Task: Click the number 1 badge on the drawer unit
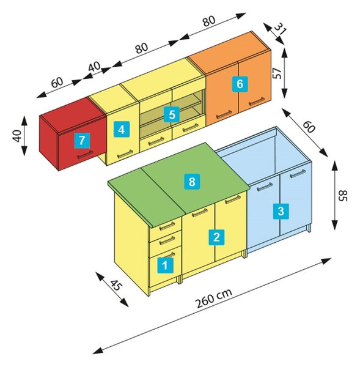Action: [166, 265]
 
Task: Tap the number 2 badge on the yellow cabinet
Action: [216, 237]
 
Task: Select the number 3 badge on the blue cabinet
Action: [281, 211]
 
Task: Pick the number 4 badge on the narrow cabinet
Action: [122, 129]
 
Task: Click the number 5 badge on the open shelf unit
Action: [172, 114]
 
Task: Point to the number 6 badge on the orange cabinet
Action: [240, 84]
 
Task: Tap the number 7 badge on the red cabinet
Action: [82, 141]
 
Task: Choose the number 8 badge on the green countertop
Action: [192, 182]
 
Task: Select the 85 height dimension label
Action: [343, 196]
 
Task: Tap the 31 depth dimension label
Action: [280, 29]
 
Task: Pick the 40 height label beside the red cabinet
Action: [17, 136]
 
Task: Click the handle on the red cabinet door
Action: [85, 155]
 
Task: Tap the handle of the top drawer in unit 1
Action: [167, 226]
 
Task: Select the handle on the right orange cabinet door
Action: [257, 101]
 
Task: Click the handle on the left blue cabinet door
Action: [265, 187]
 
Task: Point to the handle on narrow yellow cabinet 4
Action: [125, 154]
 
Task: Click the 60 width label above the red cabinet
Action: [57, 83]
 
